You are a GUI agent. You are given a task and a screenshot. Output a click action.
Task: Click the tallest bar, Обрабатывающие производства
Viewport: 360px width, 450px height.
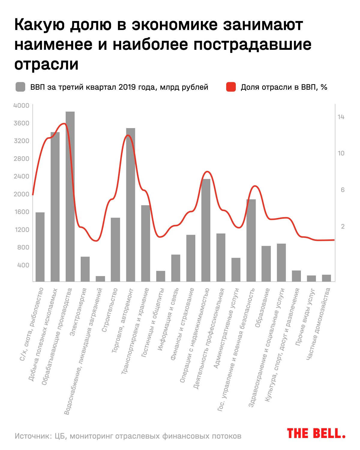(70, 196)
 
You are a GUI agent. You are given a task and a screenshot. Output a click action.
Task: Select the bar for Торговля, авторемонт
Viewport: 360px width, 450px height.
(130, 205)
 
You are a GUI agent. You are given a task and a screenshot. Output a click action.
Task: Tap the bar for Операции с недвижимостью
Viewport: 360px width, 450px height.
(206, 230)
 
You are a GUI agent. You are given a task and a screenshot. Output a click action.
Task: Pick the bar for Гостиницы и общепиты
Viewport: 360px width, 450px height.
(160, 276)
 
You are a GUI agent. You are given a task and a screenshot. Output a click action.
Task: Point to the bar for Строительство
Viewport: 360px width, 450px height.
(115, 249)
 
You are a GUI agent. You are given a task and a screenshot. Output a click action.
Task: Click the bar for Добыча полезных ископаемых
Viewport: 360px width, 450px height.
(55, 207)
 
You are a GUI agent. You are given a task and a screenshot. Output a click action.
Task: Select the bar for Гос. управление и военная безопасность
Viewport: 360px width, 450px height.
(251, 240)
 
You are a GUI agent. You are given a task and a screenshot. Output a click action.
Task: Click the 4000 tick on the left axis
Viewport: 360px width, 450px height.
(21, 106)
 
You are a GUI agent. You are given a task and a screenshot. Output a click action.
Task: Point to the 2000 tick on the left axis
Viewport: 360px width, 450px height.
(21, 194)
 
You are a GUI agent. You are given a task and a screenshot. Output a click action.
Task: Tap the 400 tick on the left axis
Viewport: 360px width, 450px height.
(23, 265)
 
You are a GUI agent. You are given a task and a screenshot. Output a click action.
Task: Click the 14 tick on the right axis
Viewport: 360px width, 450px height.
(341, 117)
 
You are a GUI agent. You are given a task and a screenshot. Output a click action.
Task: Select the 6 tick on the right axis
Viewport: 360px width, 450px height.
(343, 190)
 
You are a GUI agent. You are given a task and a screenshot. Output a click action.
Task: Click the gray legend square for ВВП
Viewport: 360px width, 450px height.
(20, 87)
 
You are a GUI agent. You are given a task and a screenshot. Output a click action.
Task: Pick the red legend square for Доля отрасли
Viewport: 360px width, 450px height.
(231, 87)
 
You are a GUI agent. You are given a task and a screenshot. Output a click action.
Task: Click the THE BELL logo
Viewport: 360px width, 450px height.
(316, 433)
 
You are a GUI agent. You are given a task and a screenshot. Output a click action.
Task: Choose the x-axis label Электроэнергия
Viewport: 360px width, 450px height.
(78, 312)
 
